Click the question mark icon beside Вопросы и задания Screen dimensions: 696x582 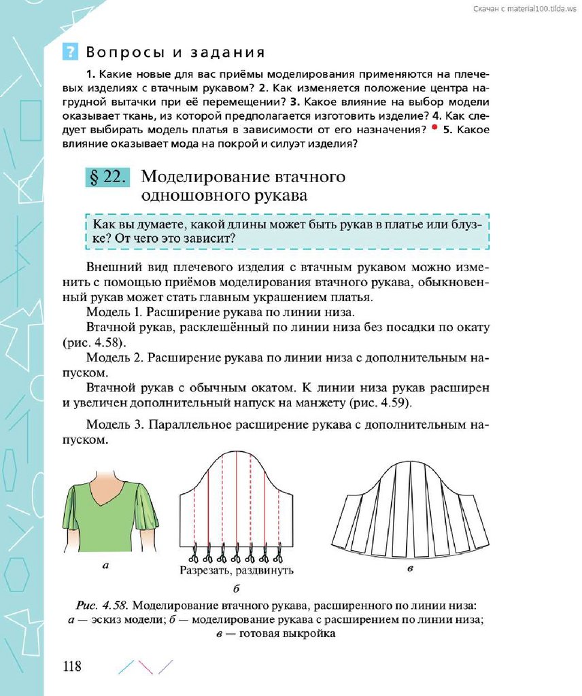coord(70,52)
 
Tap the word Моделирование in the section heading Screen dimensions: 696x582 coord(201,177)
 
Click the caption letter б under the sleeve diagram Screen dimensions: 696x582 coord(237,588)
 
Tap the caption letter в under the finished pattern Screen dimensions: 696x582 coord(410,569)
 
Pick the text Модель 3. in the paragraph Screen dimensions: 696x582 coord(115,425)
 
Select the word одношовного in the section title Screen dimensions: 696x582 coord(187,195)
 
